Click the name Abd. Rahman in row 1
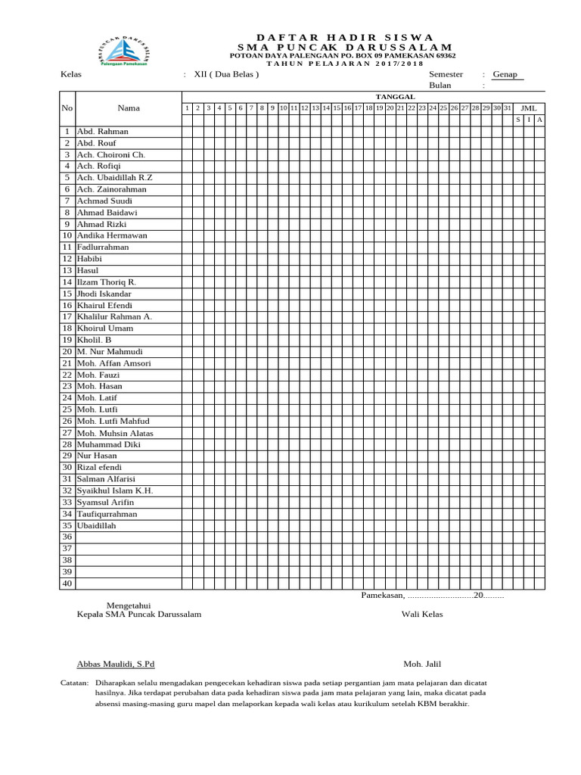(103, 131)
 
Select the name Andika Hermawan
(112, 235)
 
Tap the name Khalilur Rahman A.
(114, 316)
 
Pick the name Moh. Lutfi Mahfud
(113, 421)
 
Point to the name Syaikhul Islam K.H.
(115, 490)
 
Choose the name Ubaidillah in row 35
(97, 525)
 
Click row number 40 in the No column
(67, 583)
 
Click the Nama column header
(129, 108)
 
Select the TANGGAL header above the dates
(396, 97)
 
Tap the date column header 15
(337, 108)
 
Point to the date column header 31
(508, 108)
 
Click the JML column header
(529, 108)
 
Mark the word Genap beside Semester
(505, 75)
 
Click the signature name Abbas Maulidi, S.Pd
(116, 664)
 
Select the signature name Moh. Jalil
(422, 664)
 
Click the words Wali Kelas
(422, 614)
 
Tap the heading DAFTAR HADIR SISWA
(344, 37)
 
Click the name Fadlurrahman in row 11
(103, 247)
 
